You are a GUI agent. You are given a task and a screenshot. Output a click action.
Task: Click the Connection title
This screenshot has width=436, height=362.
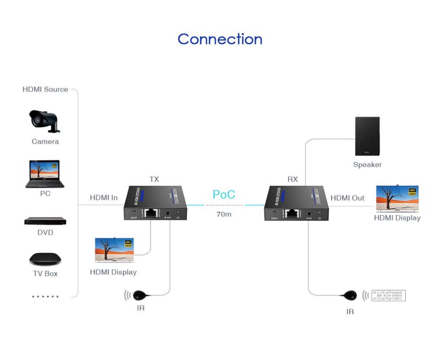tap(220, 39)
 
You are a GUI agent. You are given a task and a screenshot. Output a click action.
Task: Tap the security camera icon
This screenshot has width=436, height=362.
tap(44, 121)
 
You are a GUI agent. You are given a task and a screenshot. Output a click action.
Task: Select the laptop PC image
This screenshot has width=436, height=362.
tap(45, 173)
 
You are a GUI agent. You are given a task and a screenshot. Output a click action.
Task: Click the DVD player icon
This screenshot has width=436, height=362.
tap(45, 221)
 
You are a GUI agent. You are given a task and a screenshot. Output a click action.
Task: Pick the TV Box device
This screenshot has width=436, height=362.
tap(45, 259)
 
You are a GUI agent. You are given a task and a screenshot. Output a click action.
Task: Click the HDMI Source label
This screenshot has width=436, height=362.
tap(45, 89)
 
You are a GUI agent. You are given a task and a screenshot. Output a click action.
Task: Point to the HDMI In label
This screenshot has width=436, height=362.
tap(103, 198)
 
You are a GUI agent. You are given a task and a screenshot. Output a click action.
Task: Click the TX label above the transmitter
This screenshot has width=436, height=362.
tap(154, 179)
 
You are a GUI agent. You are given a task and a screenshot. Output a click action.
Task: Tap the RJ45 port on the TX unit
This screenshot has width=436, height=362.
tap(150, 213)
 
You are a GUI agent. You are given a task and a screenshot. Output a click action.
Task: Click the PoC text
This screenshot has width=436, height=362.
tap(224, 194)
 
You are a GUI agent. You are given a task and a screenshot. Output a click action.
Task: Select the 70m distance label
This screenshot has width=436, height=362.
tap(224, 214)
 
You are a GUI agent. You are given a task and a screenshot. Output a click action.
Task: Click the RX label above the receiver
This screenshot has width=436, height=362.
tap(293, 179)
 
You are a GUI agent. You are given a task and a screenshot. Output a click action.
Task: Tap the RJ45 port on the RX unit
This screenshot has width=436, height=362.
tap(291, 214)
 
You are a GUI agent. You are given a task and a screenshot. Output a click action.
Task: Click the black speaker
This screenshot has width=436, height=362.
tap(367, 136)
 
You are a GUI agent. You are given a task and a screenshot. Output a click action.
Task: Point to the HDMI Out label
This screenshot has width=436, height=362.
tap(347, 198)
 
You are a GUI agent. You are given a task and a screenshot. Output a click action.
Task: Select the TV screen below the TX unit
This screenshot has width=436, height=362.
tap(115, 250)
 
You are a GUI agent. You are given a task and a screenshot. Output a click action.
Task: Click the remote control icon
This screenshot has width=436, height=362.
tap(389, 296)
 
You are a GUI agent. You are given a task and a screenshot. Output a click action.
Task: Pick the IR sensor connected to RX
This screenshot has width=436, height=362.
tap(350, 295)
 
